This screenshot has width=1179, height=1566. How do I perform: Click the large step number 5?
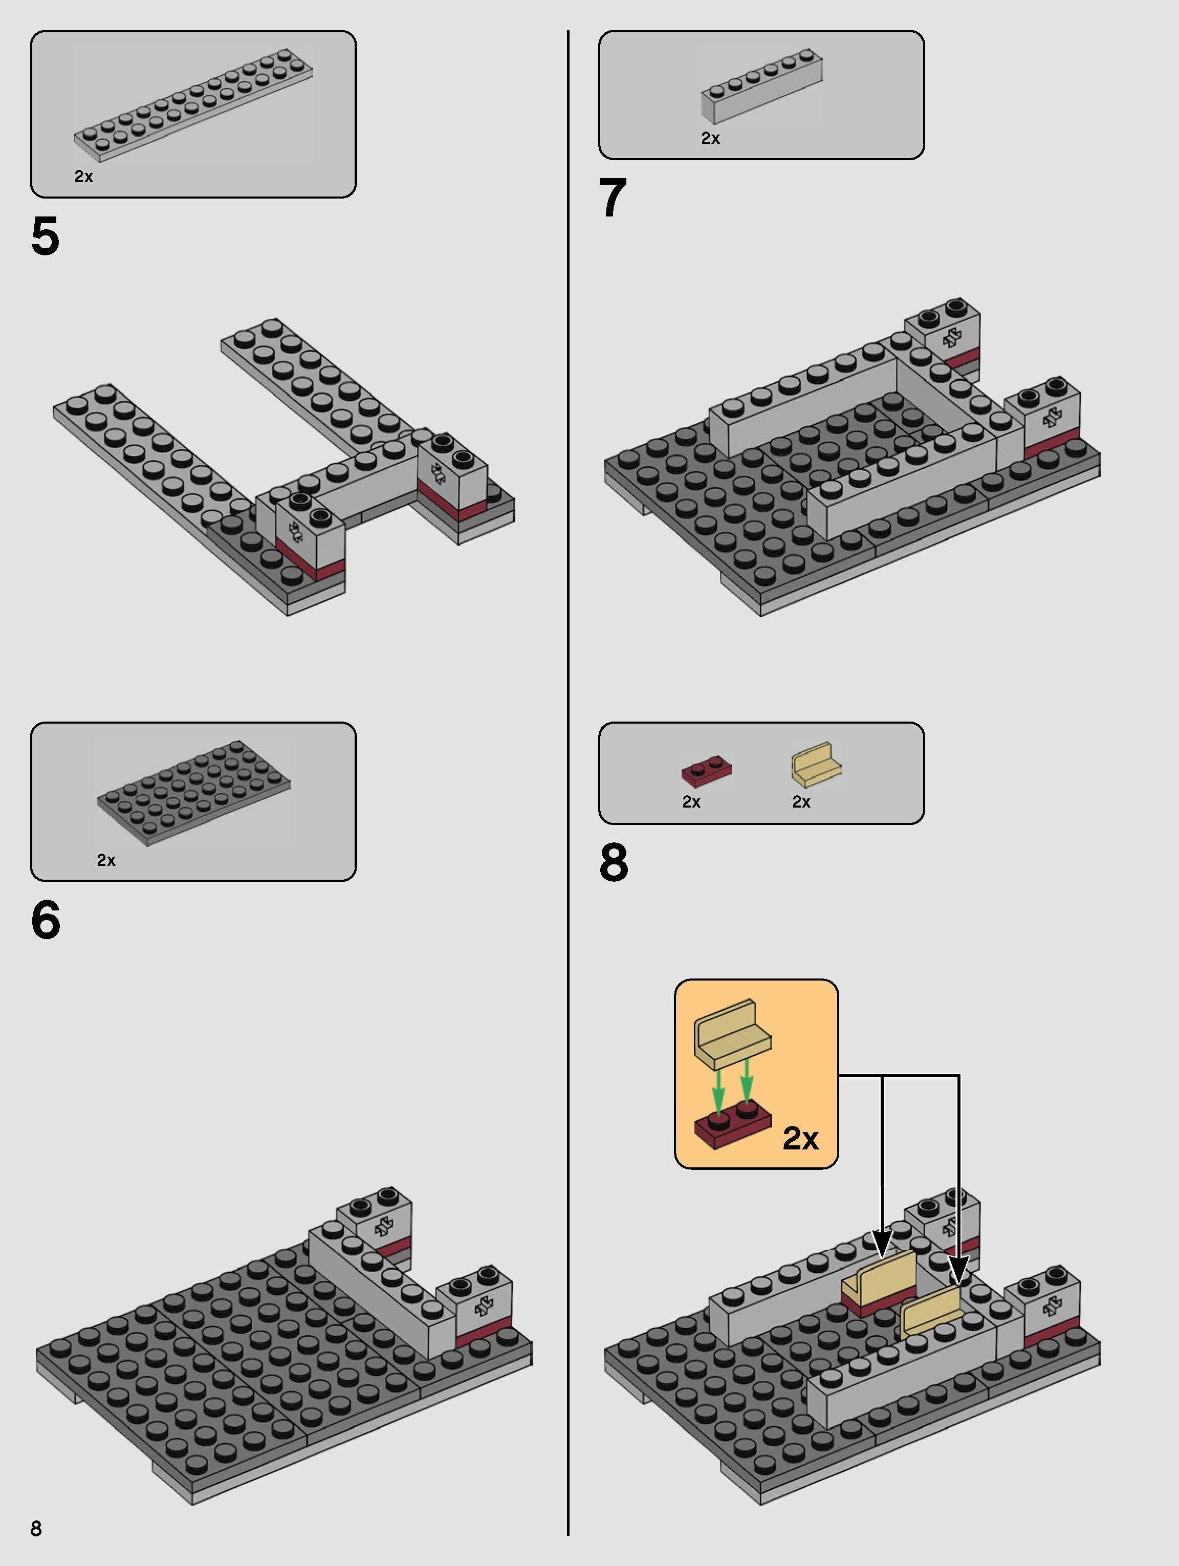coord(46,237)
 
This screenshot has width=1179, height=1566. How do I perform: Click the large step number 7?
coord(613,198)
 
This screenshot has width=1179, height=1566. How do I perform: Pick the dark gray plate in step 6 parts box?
coord(193,793)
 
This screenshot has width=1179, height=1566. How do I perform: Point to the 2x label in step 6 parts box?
coord(106,860)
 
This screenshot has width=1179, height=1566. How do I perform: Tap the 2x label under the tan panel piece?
coord(801,802)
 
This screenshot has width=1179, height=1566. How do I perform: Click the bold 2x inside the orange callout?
coord(800,1138)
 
